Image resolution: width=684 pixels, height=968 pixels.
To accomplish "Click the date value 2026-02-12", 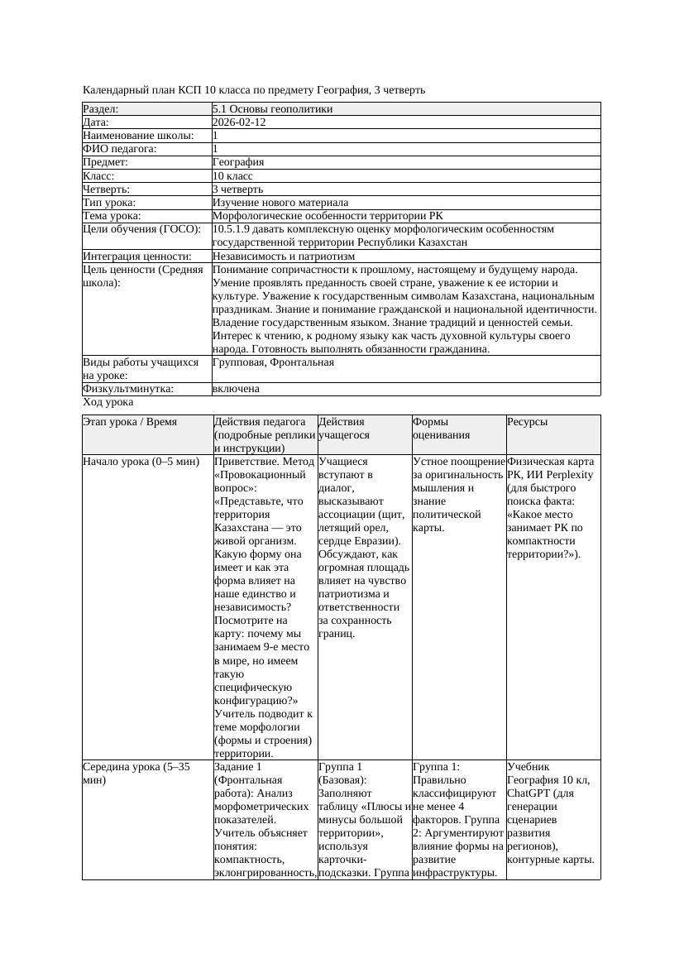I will [239, 122].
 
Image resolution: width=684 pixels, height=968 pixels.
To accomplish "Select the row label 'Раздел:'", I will [100, 109].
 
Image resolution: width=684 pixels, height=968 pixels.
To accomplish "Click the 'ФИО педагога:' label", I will [120, 149].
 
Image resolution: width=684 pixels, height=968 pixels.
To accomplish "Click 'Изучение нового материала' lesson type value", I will [280, 203].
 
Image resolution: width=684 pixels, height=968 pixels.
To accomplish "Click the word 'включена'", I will [236, 389].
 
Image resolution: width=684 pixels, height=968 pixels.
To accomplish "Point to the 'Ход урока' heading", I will [108, 402].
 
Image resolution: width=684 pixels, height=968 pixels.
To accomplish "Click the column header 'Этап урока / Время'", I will [130, 422].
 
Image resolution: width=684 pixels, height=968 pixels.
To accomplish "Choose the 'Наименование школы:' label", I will [139, 136].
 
